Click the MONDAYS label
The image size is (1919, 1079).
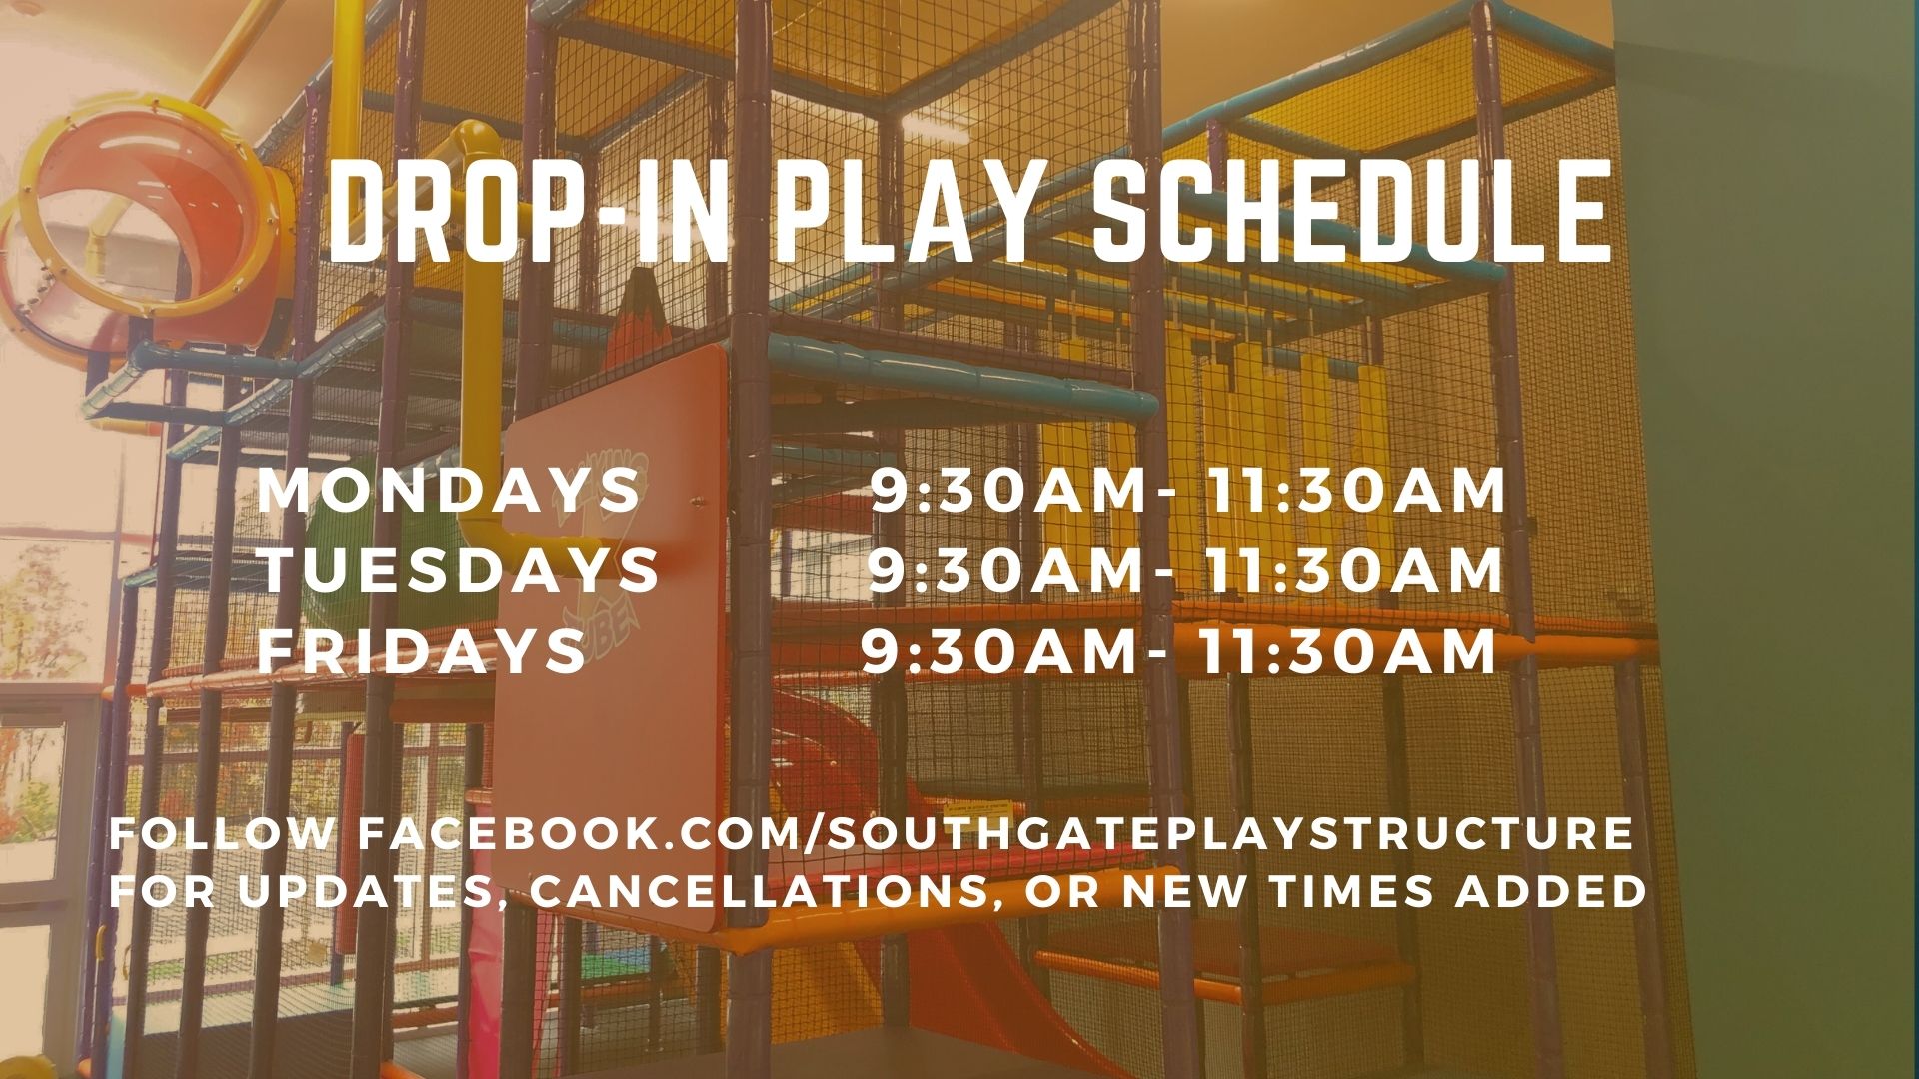[x=449, y=491]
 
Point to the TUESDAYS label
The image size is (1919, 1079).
[x=460, y=570]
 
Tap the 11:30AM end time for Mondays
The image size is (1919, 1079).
[x=1355, y=491]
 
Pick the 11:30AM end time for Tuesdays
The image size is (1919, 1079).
[x=1353, y=570]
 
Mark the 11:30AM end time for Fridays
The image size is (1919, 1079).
[x=1347, y=650]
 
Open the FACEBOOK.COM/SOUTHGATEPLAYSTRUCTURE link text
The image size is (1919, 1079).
[x=994, y=834]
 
